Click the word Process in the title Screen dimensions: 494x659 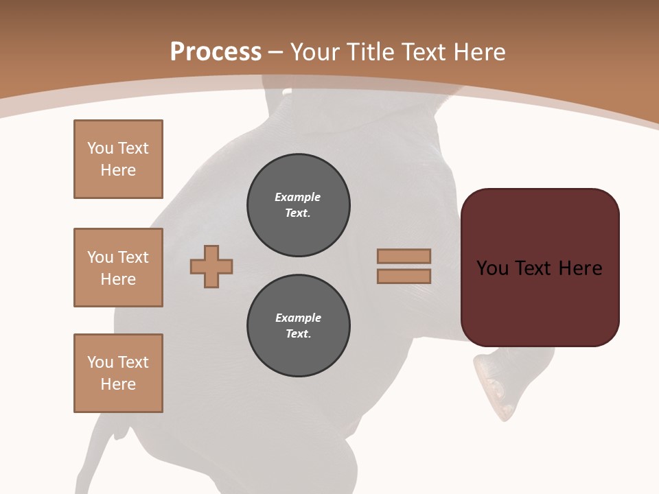(216, 52)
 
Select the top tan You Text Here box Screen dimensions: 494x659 (118, 159)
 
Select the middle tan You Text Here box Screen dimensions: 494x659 (118, 268)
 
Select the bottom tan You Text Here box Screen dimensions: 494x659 (118, 373)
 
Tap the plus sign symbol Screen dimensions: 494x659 (211, 266)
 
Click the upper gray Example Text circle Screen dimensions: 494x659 (299, 205)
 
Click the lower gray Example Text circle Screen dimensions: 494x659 (299, 326)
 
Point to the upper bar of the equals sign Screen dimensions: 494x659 (404, 256)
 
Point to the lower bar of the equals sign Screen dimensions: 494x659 (404, 276)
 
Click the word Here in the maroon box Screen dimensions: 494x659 (580, 268)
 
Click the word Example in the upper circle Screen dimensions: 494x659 (298, 197)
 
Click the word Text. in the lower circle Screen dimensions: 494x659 (299, 333)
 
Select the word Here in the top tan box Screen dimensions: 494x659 (118, 170)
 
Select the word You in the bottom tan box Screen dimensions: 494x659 (100, 362)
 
